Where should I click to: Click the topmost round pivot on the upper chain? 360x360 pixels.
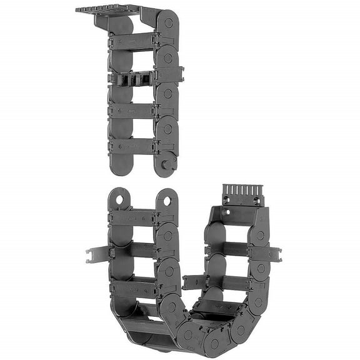pyautogui.click(x=167, y=22)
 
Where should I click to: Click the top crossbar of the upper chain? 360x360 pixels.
pyautogui.click(x=133, y=42)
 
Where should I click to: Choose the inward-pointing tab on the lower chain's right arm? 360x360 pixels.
pyautogui.click(x=194, y=282)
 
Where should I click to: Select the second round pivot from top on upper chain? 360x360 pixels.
pyautogui.click(x=167, y=57)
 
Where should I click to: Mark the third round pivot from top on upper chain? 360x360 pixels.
pyautogui.click(x=167, y=93)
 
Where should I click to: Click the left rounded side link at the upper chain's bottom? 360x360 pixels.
pyautogui.click(x=120, y=164)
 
